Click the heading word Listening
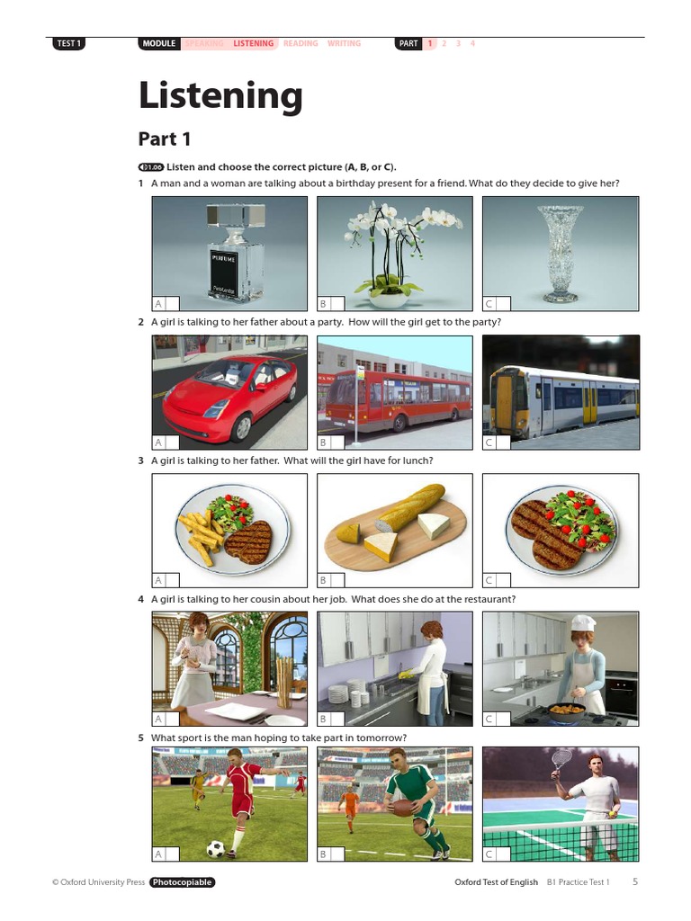pos(220,96)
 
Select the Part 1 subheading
pos(165,139)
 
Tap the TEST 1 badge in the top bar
pos(68,43)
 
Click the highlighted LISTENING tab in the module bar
pos(253,43)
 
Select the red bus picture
pos(397,396)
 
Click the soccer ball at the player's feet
pos(216,847)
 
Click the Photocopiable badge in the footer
pos(183,882)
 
